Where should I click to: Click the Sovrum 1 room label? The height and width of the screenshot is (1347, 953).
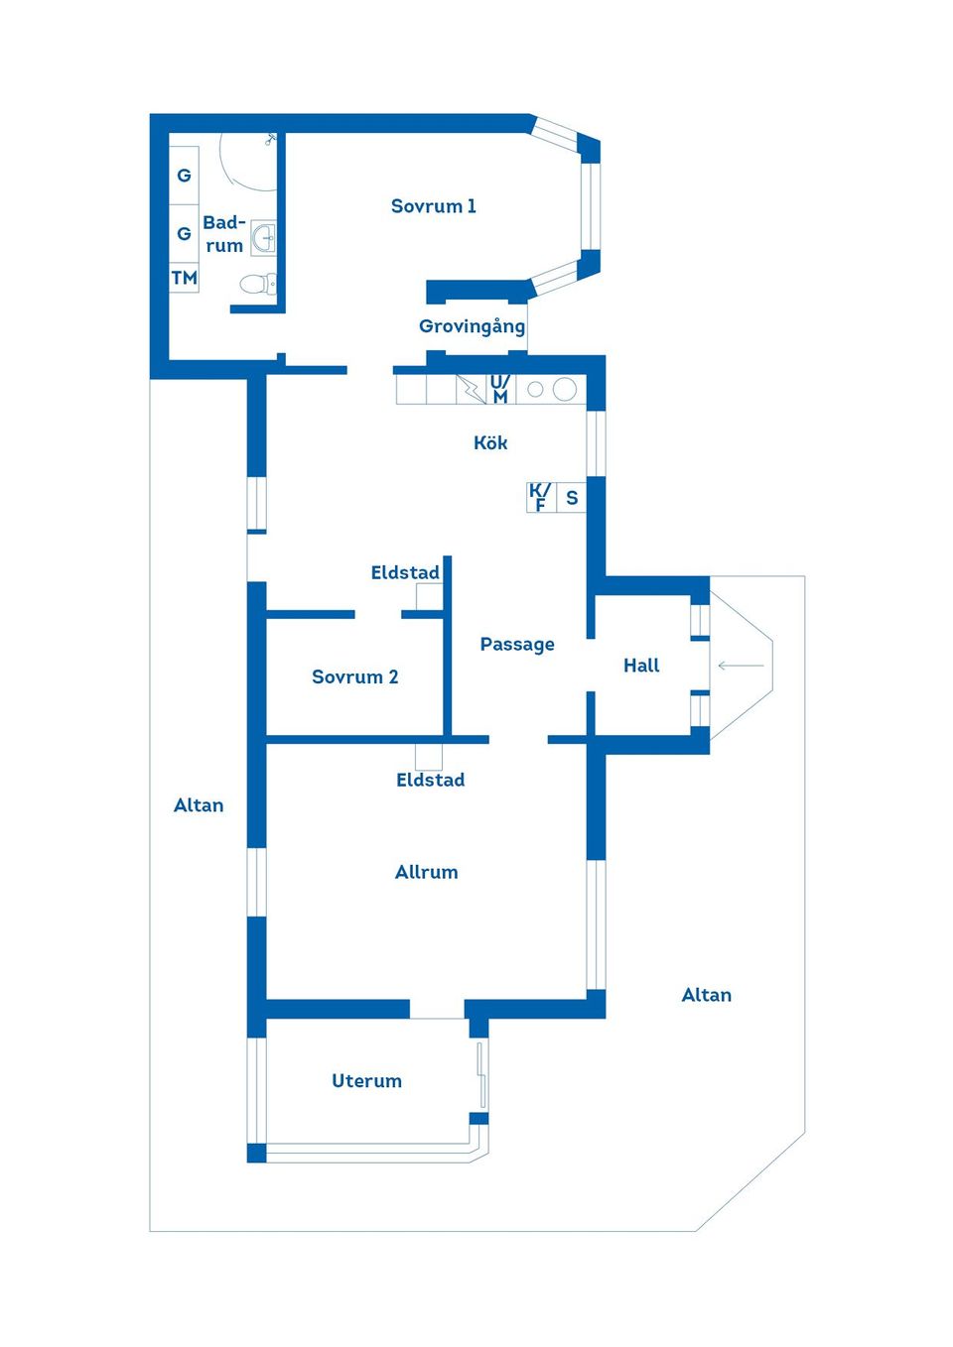point(433,206)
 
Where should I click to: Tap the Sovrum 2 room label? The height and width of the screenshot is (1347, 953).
point(355,676)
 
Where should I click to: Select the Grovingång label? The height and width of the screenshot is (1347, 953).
point(473,326)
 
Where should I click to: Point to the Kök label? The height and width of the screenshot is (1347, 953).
point(490,442)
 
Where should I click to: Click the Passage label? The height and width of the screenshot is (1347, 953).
point(517,645)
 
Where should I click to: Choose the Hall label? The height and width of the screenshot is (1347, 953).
point(641,666)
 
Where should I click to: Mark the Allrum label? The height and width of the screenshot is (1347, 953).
point(427,872)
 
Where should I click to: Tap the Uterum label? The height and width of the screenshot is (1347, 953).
point(366,1080)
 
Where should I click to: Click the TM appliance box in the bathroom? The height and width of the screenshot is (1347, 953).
point(184,278)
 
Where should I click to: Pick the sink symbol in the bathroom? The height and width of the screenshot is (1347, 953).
point(263,237)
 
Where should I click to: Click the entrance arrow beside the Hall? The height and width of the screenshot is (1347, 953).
point(742,666)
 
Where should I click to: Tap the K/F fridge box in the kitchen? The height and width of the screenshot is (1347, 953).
point(541,497)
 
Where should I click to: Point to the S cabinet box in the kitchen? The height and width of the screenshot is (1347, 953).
point(572,497)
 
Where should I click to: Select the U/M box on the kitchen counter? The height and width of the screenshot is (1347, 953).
point(500,389)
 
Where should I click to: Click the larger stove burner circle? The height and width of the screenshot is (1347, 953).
point(564,389)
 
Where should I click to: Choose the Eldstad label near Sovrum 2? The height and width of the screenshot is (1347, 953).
point(405,572)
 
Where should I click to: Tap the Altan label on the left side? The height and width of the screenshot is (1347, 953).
point(199,805)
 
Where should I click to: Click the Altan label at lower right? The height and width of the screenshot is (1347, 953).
point(707,995)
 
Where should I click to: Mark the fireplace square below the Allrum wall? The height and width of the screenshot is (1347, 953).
point(429,757)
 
